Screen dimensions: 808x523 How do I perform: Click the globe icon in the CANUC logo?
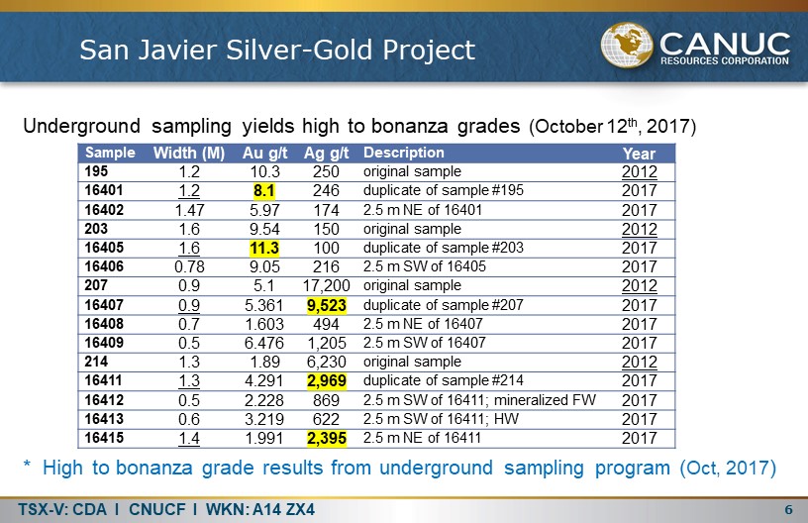point(627,45)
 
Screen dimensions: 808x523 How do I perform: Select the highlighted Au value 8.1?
point(263,190)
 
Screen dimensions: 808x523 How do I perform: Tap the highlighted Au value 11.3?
point(263,248)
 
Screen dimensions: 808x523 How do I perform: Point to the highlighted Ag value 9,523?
point(326,305)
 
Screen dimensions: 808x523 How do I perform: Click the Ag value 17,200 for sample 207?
point(326,285)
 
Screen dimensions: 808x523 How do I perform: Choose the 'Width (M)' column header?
point(189,153)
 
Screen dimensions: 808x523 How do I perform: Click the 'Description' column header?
point(403,153)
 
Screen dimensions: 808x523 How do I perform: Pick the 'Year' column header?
point(639,154)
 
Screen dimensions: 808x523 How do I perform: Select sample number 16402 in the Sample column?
point(104,210)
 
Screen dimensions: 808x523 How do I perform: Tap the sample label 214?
point(96,362)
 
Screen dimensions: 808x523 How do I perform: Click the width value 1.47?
point(189,210)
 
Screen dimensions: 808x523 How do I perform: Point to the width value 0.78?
point(189,266)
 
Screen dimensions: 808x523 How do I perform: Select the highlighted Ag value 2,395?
point(326,438)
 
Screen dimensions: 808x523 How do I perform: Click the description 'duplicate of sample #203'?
point(444,248)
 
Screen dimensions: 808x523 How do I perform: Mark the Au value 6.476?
point(263,343)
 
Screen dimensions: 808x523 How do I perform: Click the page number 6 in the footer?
point(788,509)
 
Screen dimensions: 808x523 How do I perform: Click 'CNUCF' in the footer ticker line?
point(157,509)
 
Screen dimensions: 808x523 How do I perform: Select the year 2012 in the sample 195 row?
point(639,171)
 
